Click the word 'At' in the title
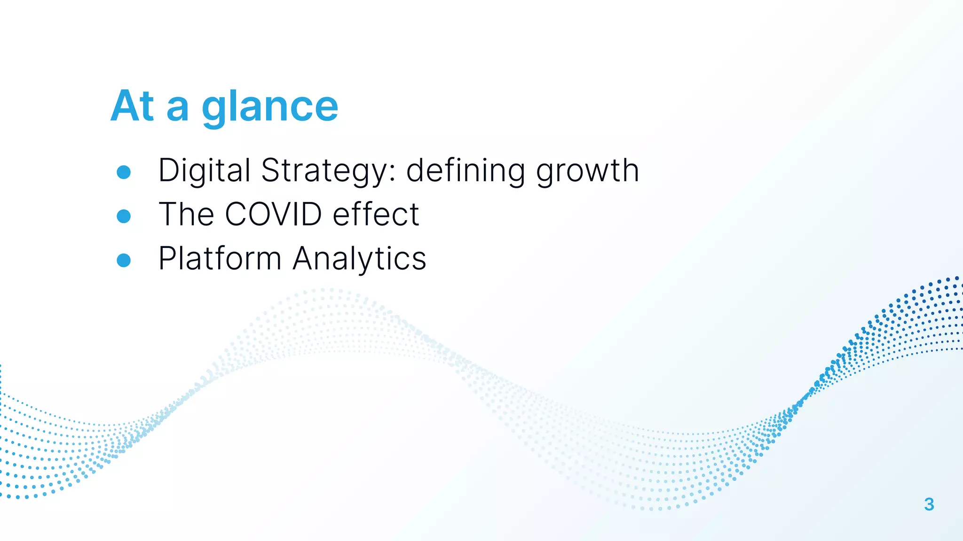[x=132, y=106]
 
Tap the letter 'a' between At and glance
[x=178, y=109]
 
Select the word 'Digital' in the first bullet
[x=204, y=170]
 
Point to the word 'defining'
[x=465, y=170]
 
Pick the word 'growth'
[x=587, y=170]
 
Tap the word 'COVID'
[x=273, y=214]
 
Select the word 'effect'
[x=376, y=214]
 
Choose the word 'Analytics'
[x=359, y=258]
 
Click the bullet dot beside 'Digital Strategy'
[x=124, y=172]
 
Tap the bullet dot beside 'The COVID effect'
[x=124, y=216]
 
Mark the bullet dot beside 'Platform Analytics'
[x=124, y=260]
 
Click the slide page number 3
[x=929, y=504]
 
